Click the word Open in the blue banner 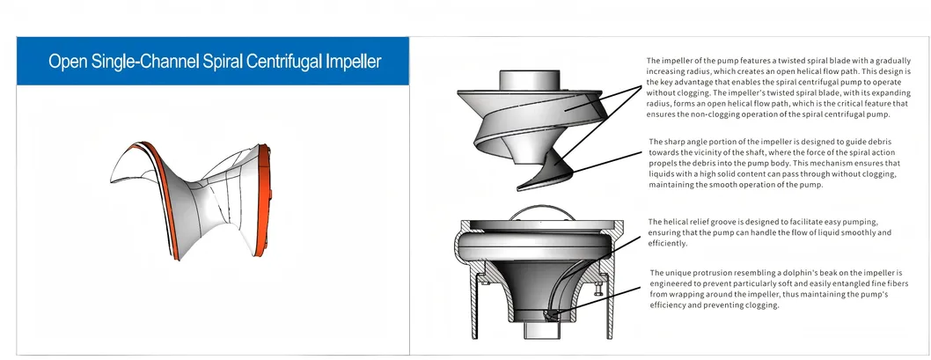tap(68, 62)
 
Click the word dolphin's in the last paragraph tap(796, 273)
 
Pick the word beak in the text tap(831, 273)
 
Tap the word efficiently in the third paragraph tap(667, 243)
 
